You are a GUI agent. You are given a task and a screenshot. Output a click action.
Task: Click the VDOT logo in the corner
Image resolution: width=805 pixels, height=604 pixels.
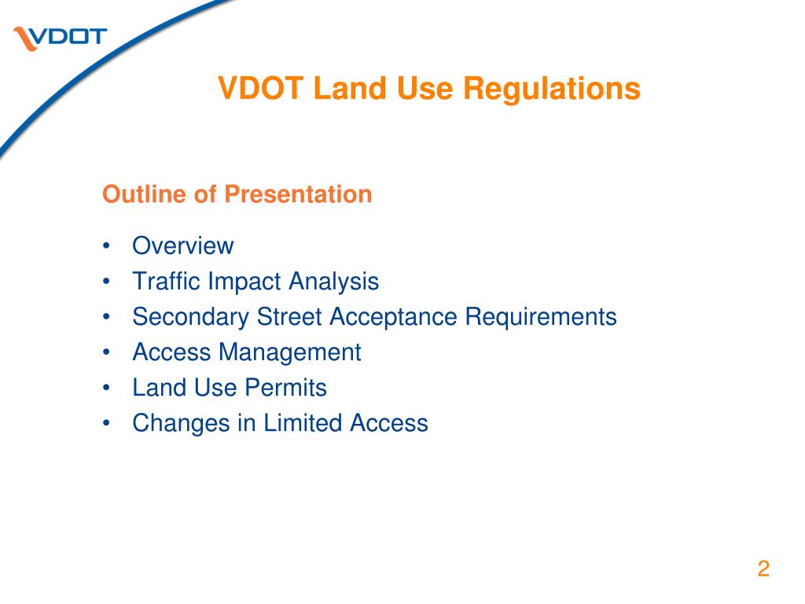pos(60,39)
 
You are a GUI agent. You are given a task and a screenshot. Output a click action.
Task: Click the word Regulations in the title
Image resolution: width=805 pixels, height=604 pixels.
pos(552,88)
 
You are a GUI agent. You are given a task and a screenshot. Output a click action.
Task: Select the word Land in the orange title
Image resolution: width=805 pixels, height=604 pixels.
pos(350,88)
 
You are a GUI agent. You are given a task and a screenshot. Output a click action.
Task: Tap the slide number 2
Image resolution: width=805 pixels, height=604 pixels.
pos(763,569)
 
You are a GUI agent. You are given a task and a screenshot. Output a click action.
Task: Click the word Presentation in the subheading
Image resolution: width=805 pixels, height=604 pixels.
pos(298,194)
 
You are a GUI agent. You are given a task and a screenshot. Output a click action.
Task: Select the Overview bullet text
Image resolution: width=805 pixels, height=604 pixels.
pos(182,245)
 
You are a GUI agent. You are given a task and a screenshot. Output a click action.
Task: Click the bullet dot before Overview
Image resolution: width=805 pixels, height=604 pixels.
pos(106,245)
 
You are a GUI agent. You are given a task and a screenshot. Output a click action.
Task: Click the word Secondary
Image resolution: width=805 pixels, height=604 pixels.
pos(191,316)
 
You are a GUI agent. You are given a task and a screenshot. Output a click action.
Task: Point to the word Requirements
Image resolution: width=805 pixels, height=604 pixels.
pos(541,316)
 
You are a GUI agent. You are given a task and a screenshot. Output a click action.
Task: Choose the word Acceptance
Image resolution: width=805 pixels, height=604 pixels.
pos(394,316)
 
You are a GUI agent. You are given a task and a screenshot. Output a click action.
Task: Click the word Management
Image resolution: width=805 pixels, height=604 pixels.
pos(290,352)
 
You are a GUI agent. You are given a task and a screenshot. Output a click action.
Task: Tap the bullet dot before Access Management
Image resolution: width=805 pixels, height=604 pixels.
pos(106,352)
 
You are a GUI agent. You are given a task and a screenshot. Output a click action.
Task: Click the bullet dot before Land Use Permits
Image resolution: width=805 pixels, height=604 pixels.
pos(106,388)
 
